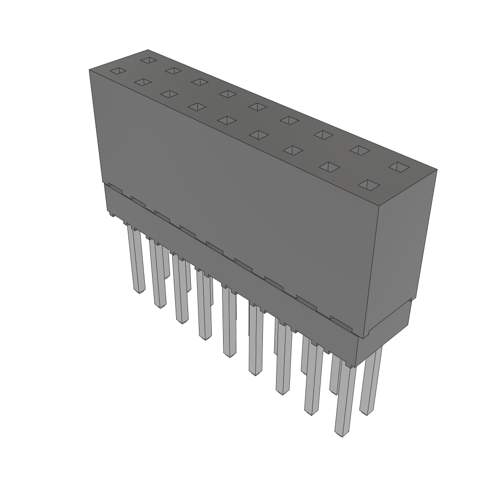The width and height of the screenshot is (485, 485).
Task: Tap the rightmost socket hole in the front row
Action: pyautogui.click(x=368, y=184)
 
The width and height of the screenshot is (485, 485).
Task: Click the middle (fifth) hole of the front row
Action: pyautogui.click(x=227, y=120)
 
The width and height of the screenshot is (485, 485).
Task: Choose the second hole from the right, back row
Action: pyautogui.click(x=360, y=150)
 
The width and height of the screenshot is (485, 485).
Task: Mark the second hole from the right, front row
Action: pyautogui.click(x=330, y=167)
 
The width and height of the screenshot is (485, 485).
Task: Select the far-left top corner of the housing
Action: pyautogui.click(x=90, y=70)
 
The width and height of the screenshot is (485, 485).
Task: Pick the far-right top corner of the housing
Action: pyautogui.click(x=436, y=169)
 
